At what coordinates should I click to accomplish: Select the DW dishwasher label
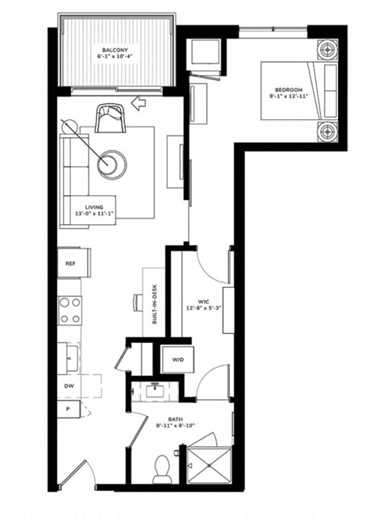70,386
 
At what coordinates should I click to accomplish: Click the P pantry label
69,410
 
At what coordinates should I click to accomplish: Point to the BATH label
175,422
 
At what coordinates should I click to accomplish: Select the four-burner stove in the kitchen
70,310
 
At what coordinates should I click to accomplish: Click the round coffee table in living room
112,164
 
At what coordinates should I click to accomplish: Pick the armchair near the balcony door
110,119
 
